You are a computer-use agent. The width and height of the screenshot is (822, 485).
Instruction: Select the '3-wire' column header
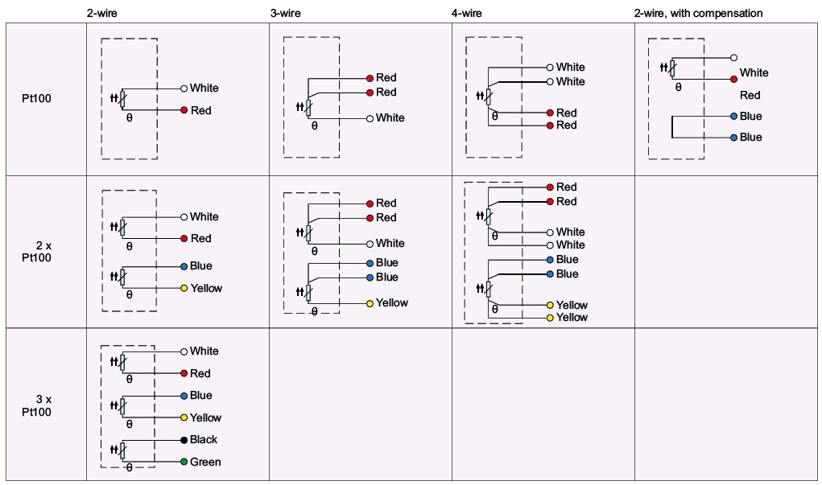pos(285,14)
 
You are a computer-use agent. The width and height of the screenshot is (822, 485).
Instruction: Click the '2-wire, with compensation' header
pos(698,14)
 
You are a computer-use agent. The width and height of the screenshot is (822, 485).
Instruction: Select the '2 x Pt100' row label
pos(37,250)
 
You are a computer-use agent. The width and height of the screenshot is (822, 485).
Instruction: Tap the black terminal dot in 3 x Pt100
pos(184,440)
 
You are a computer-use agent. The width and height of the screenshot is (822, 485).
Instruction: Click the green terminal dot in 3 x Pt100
pos(184,462)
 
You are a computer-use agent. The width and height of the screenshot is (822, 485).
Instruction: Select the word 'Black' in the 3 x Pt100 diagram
pos(204,440)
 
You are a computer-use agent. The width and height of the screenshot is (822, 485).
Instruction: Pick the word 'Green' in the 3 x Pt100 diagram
pos(205,462)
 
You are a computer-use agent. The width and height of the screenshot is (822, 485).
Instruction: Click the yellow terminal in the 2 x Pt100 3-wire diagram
pos(370,303)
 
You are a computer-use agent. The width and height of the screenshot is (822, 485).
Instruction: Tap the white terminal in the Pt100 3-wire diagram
pos(370,118)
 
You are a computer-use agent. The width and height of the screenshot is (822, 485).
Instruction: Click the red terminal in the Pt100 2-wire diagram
pos(184,110)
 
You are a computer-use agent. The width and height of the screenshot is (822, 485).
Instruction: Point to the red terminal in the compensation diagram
pos(733,79)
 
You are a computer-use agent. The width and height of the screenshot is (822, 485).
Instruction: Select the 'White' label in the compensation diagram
pos(754,72)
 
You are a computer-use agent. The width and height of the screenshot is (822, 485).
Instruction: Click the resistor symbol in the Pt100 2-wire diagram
pos(122,99)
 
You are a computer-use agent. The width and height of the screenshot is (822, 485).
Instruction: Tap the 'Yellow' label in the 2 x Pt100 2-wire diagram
pos(206,288)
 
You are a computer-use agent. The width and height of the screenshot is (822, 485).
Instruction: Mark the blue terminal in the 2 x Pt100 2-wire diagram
pos(184,266)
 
